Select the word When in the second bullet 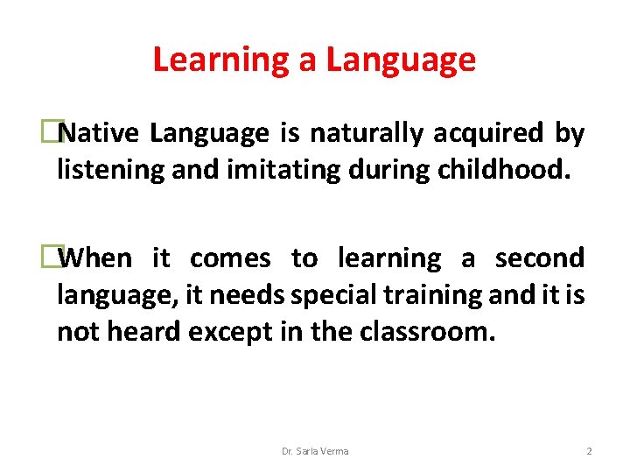tap(98, 258)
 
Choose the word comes tap(230, 258)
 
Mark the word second tap(539, 258)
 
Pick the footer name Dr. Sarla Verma tap(315, 451)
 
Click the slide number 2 tap(589, 451)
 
